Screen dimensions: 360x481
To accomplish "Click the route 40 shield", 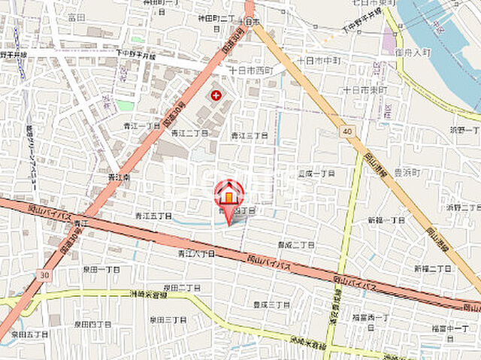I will coord(346,132).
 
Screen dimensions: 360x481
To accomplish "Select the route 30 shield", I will coord(46,275).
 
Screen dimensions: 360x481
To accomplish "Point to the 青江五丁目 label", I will coord(154,215).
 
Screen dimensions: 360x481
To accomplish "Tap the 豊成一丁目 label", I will coord(316,173).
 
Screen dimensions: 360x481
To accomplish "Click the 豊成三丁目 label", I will coord(271,304).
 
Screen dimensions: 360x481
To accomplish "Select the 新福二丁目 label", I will coord(431,268).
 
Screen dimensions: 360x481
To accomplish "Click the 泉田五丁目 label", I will coord(30,333).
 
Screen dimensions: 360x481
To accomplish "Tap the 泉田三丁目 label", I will coord(167,319).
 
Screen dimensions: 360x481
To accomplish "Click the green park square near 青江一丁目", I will coord(125,105).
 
